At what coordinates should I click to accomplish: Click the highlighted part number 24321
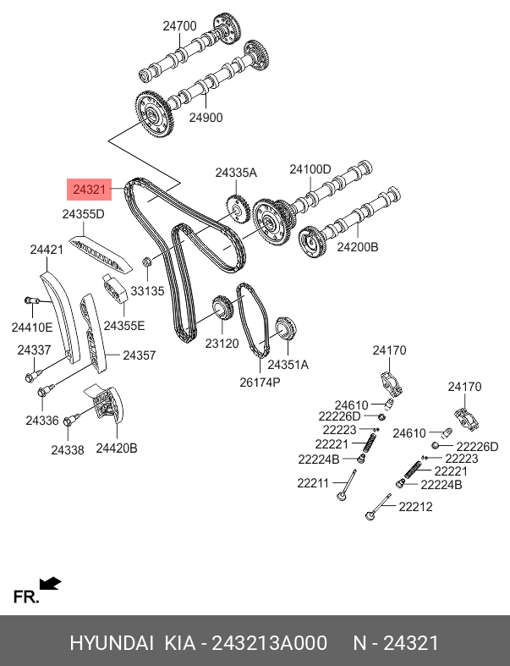tap(89, 190)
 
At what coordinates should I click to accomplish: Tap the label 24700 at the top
tap(179, 26)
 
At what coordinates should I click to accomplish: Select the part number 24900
tap(206, 118)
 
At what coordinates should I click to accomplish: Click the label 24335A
tap(236, 173)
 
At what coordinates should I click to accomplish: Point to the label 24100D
tap(310, 169)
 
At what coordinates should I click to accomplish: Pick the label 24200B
tap(358, 247)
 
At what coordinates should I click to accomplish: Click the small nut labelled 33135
tap(147, 262)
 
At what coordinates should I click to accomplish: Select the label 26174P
tap(260, 383)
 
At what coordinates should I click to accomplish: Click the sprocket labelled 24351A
tap(286, 328)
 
